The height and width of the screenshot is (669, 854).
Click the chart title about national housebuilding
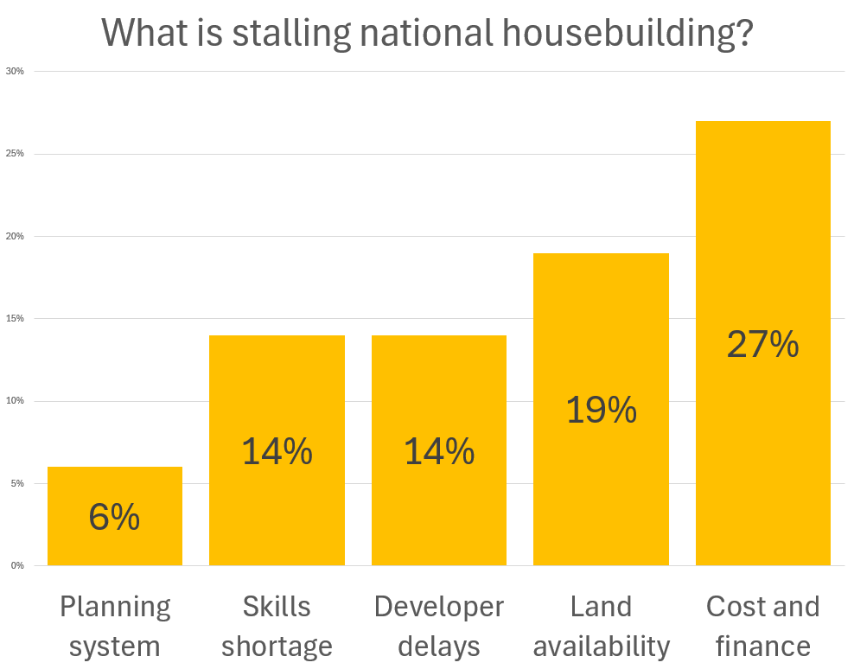point(427,32)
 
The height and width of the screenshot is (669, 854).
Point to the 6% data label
point(114,517)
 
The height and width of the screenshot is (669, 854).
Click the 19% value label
point(601,410)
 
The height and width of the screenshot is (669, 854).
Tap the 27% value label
point(762,344)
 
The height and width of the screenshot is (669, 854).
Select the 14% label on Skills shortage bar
point(277,451)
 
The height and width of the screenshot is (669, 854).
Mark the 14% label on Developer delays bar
point(439,451)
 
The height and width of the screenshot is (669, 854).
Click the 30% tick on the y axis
point(15,71)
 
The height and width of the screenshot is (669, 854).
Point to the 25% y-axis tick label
point(15,154)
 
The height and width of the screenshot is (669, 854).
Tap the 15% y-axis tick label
point(15,318)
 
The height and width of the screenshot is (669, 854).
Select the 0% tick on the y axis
point(17,565)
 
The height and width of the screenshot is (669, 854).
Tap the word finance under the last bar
point(762,646)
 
